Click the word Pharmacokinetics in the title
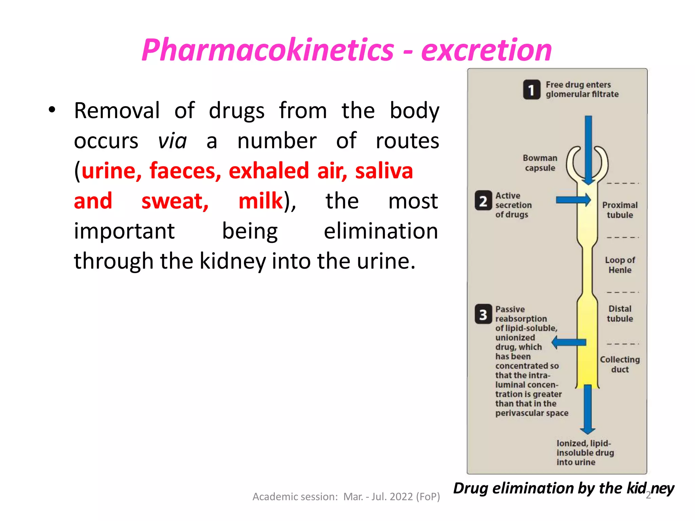pyautogui.click(x=267, y=50)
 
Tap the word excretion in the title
pyautogui.click(x=486, y=50)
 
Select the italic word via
pyautogui.click(x=172, y=140)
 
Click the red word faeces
pyautogui.click(x=185, y=170)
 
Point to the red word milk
pyautogui.click(x=261, y=200)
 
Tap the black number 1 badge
pyautogui.click(x=531, y=90)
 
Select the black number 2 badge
pyautogui.click(x=483, y=201)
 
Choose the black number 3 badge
pyautogui.click(x=483, y=314)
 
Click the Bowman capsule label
pyautogui.click(x=540, y=163)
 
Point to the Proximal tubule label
pyautogui.click(x=620, y=210)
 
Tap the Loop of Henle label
pyautogui.click(x=620, y=265)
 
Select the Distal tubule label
pyautogui.click(x=620, y=314)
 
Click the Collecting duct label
pyautogui.click(x=620, y=364)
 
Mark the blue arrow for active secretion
pyautogui.click(x=573, y=200)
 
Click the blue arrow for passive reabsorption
pyautogui.click(x=569, y=342)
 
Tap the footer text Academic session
pyautogui.click(x=346, y=497)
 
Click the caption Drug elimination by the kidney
pyautogui.click(x=563, y=488)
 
